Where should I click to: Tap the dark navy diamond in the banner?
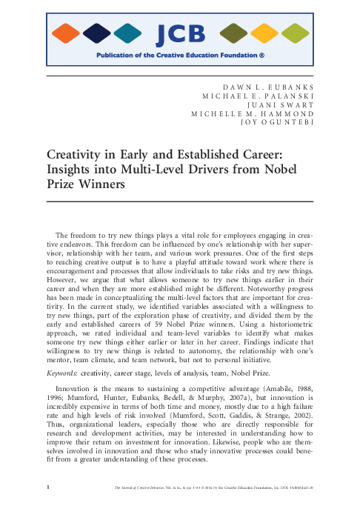point(97,33)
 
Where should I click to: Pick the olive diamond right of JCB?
point(234,33)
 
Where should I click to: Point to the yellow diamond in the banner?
point(264,33)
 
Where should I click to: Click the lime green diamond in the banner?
point(296,33)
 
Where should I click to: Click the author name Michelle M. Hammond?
point(253,113)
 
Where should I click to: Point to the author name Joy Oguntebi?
point(278,122)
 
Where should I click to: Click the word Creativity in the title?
point(78,156)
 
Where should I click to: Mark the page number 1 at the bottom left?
point(47,508)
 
